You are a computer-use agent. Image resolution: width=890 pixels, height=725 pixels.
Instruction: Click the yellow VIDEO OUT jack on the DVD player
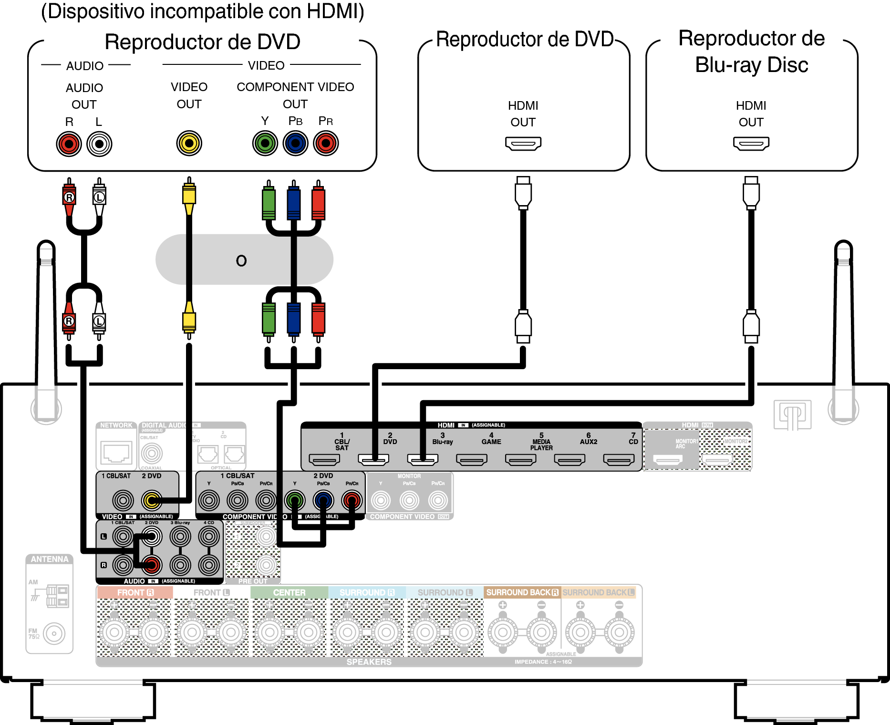189,143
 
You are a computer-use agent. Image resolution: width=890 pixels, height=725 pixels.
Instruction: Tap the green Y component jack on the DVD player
265,143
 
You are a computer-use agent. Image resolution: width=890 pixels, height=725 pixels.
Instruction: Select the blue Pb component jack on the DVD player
296,143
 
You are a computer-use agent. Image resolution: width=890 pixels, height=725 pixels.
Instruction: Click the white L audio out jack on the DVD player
99,144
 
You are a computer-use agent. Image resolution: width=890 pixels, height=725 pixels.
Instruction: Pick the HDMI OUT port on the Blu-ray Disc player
751,143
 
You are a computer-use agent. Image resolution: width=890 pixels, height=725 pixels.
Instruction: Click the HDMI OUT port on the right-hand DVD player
523,143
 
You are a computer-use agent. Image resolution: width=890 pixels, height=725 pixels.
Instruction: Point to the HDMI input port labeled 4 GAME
472,459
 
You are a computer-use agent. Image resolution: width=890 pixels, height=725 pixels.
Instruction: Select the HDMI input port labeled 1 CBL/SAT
324,459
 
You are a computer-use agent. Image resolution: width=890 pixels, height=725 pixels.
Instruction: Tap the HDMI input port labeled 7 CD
619,459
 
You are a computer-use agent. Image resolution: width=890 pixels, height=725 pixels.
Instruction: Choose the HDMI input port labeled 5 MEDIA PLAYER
521,459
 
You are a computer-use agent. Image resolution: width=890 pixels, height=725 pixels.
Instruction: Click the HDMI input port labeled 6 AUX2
569,459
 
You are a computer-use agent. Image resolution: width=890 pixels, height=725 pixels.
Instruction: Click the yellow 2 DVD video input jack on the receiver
152,500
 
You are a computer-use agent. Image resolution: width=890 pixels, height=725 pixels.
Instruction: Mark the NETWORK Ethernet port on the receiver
116,452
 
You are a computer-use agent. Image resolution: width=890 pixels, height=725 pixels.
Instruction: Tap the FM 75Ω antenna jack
54,634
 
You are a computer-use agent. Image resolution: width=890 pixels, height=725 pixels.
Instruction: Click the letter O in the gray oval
241,260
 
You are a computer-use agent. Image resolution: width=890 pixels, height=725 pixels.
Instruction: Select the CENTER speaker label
289,592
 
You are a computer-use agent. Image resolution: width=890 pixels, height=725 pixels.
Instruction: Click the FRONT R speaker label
135,592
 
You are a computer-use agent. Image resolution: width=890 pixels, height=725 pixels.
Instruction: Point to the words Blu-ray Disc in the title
752,65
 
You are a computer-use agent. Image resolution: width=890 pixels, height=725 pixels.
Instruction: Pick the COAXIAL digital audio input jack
152,453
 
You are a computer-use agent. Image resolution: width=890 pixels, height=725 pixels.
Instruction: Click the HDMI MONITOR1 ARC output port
668,460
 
